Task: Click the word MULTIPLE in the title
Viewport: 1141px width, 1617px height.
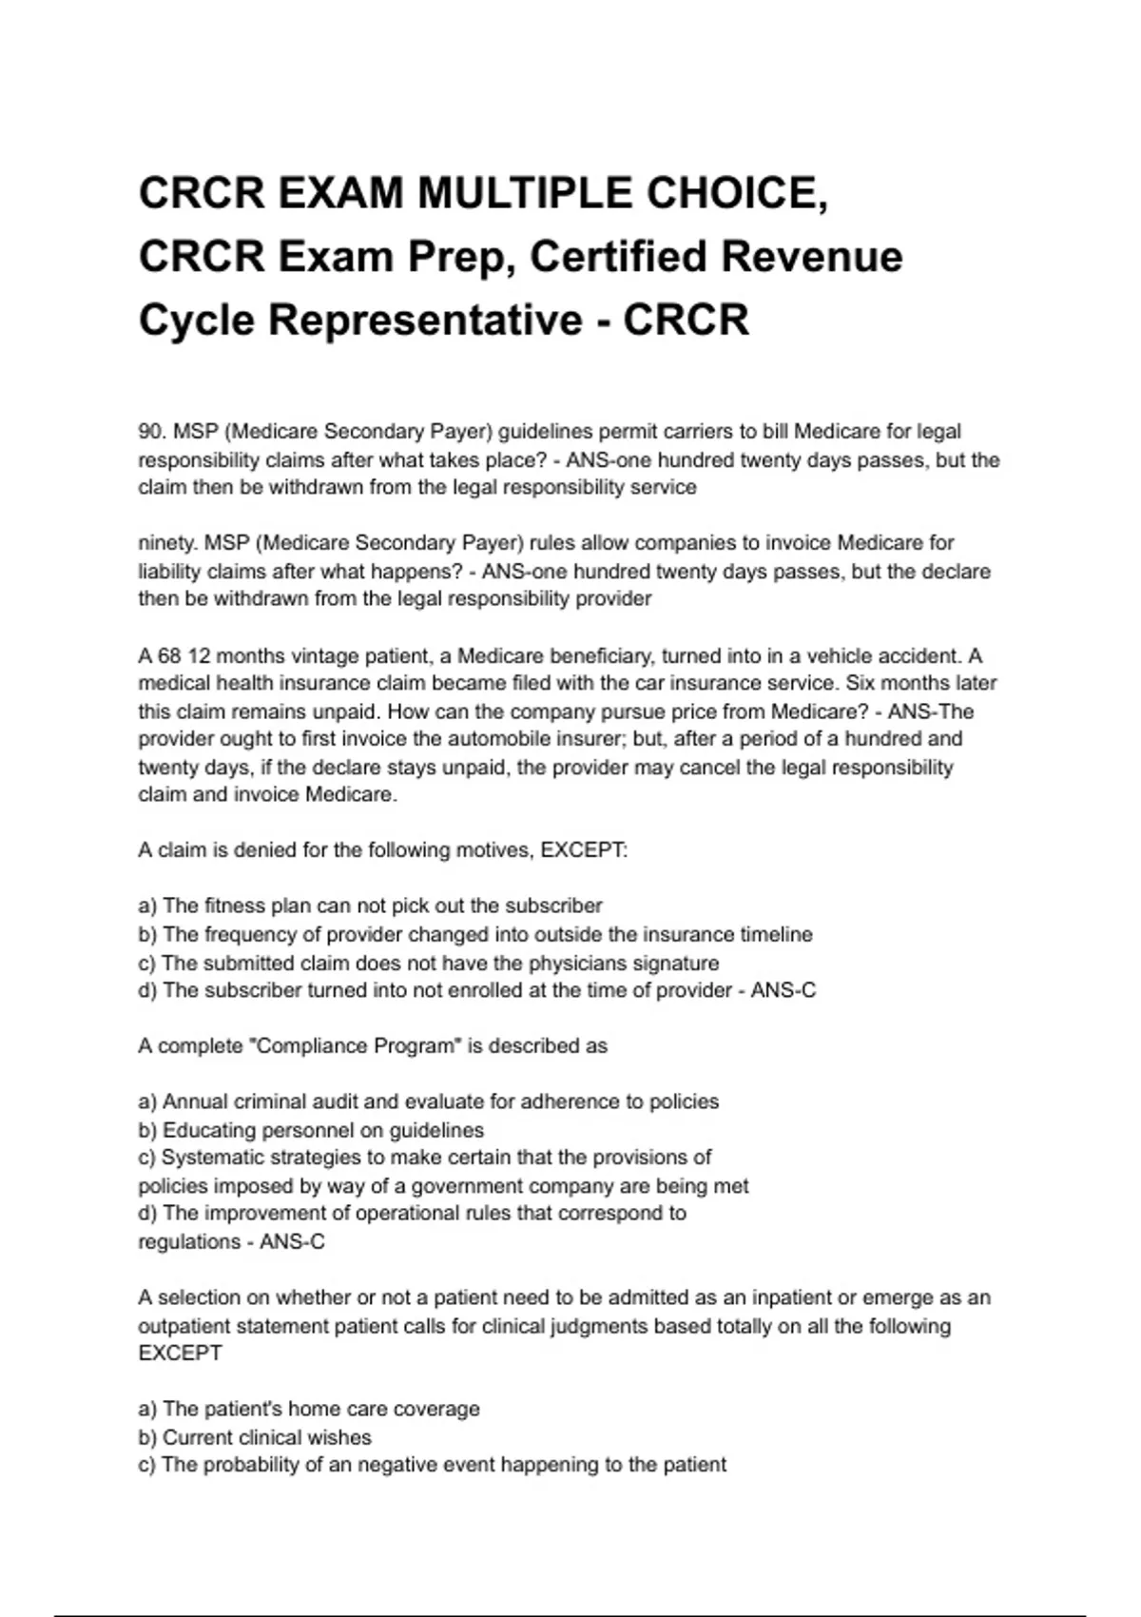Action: point(526,194)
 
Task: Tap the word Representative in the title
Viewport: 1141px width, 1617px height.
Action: point(424,320)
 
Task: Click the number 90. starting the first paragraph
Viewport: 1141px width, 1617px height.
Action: point(152,432)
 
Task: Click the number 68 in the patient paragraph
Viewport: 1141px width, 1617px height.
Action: point(170,656)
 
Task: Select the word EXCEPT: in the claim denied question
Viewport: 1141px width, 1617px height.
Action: point(584,850)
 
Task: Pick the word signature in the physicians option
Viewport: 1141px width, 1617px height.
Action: point(676,963)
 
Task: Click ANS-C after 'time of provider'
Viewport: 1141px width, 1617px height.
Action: point(783,990)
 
